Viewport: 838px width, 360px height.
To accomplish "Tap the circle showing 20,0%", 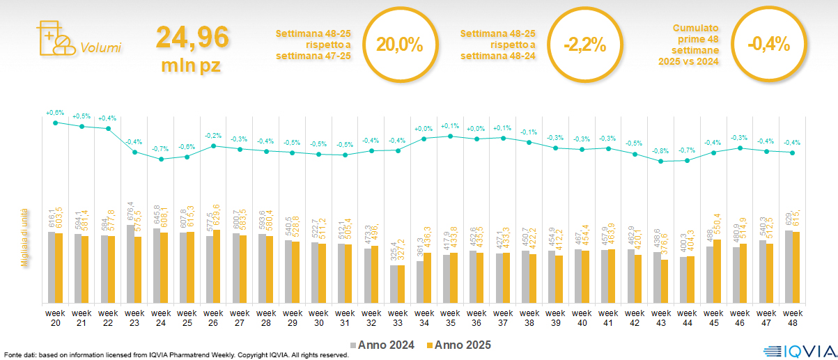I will click(x=400, y=45).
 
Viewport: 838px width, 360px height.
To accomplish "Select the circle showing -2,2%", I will click(x=584, y=45).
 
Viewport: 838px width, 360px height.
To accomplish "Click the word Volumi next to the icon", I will click(x=100, y=48).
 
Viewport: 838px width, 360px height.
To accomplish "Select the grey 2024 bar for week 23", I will click(x=130, y=264).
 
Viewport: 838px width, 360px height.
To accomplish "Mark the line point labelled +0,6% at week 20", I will click(x=56, y=123).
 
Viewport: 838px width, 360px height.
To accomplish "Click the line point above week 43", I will click(x=660, y=161).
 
